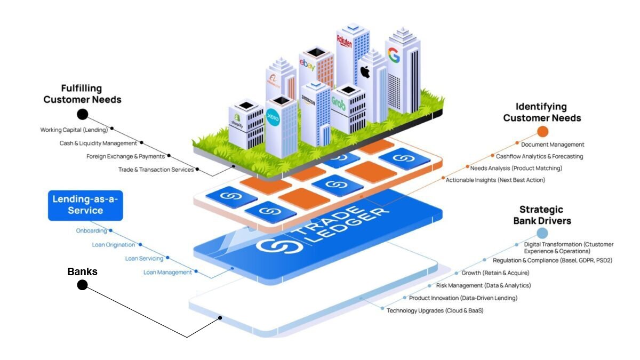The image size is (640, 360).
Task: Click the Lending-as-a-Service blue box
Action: coord(85,205)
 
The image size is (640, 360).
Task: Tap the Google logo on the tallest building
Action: coord(394,55)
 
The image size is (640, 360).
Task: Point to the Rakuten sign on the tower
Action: coord(345,41)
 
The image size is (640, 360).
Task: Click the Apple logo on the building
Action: coord(365,71)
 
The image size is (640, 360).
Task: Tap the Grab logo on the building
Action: coord(339,103)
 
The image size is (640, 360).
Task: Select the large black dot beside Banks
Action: coord(82,285)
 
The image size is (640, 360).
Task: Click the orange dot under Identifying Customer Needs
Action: coord(542,132)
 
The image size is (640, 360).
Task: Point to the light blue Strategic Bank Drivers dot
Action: coord(542,233)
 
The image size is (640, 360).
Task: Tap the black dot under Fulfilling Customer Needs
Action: coord(82,114)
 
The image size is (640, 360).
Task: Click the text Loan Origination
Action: coord(114,245)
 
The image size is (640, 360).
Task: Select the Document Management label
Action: coord(553,145)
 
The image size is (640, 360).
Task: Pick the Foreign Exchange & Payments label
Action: coord(126,156)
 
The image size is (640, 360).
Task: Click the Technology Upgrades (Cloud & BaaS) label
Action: coord(435,310)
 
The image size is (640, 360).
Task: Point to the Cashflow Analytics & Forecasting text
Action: coord(539,157)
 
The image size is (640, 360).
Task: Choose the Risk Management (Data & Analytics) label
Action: coord(483,286)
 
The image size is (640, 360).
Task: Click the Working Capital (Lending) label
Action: coord(74,130)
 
